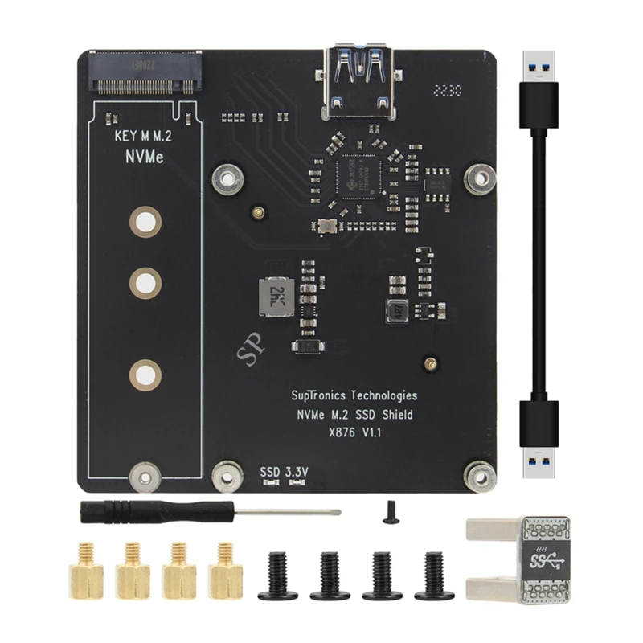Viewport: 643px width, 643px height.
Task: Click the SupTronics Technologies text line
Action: pyautogui.click(x=354, y=395)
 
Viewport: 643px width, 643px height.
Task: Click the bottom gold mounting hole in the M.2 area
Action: pyautogui.click(x=145, y=373)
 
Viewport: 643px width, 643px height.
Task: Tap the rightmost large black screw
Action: pyautogui.click(x=434, y=575)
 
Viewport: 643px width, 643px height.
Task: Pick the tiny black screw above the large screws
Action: pyautogui.click(x=390, y=511)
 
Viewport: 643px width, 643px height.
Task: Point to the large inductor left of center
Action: pyautogui.click(x=275, y=297)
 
